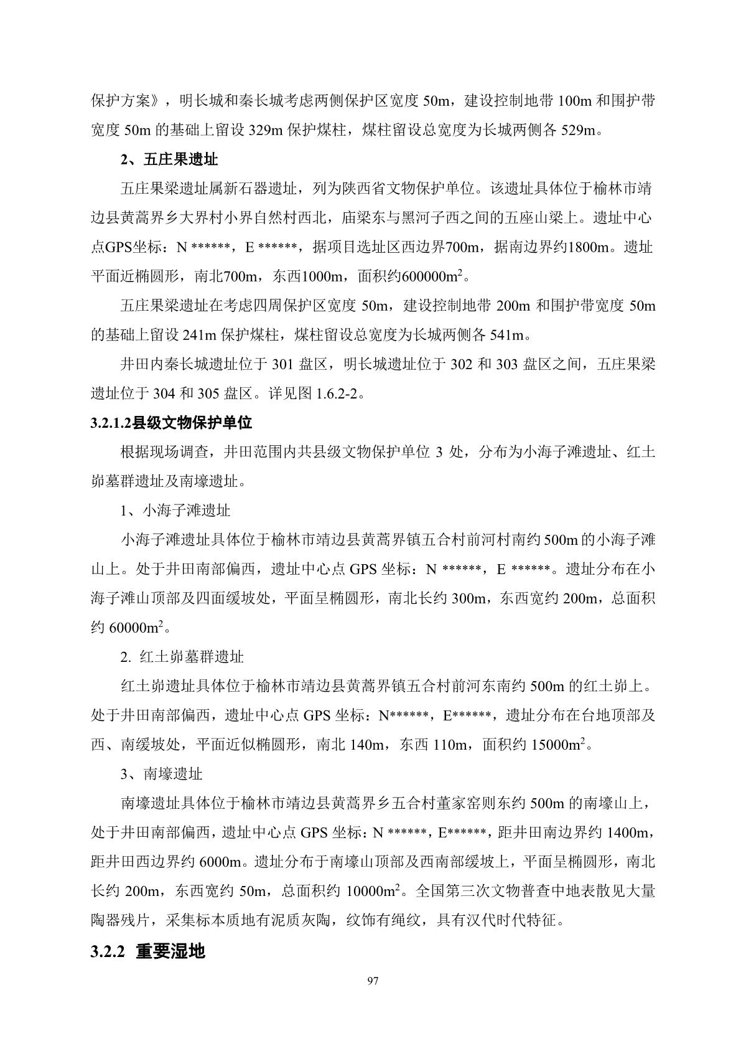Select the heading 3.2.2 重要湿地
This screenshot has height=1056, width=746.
click(147, 951)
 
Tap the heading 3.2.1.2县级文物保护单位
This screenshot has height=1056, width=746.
click(171, 423)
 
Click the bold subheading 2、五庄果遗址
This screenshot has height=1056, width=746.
click(169, 159)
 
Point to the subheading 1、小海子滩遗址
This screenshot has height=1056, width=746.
click(175, 511)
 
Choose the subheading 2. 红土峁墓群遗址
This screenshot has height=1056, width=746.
click(182, 657)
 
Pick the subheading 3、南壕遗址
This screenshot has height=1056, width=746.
click(162, 774)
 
